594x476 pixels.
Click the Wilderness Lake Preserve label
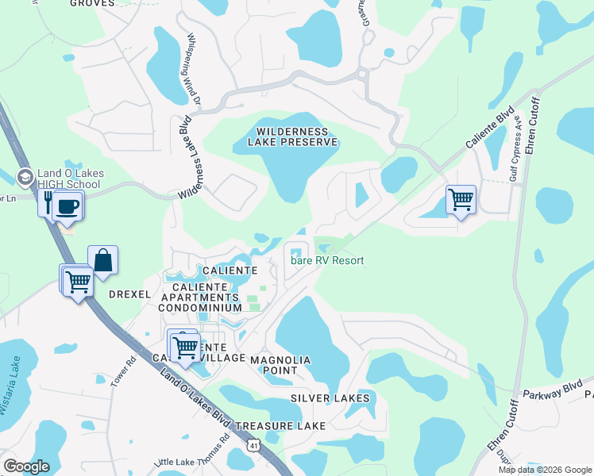coord(293,136)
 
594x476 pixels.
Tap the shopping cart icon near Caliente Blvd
coord(461,198)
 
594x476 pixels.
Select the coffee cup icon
coord(67,206)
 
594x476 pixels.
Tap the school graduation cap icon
coord(24,176)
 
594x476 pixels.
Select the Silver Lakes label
coord(330,397)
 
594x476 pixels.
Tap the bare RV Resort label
coord(327,260)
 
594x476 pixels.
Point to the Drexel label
coord(129,294)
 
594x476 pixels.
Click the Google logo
coord(27,466)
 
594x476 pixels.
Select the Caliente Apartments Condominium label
coord(201,297)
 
